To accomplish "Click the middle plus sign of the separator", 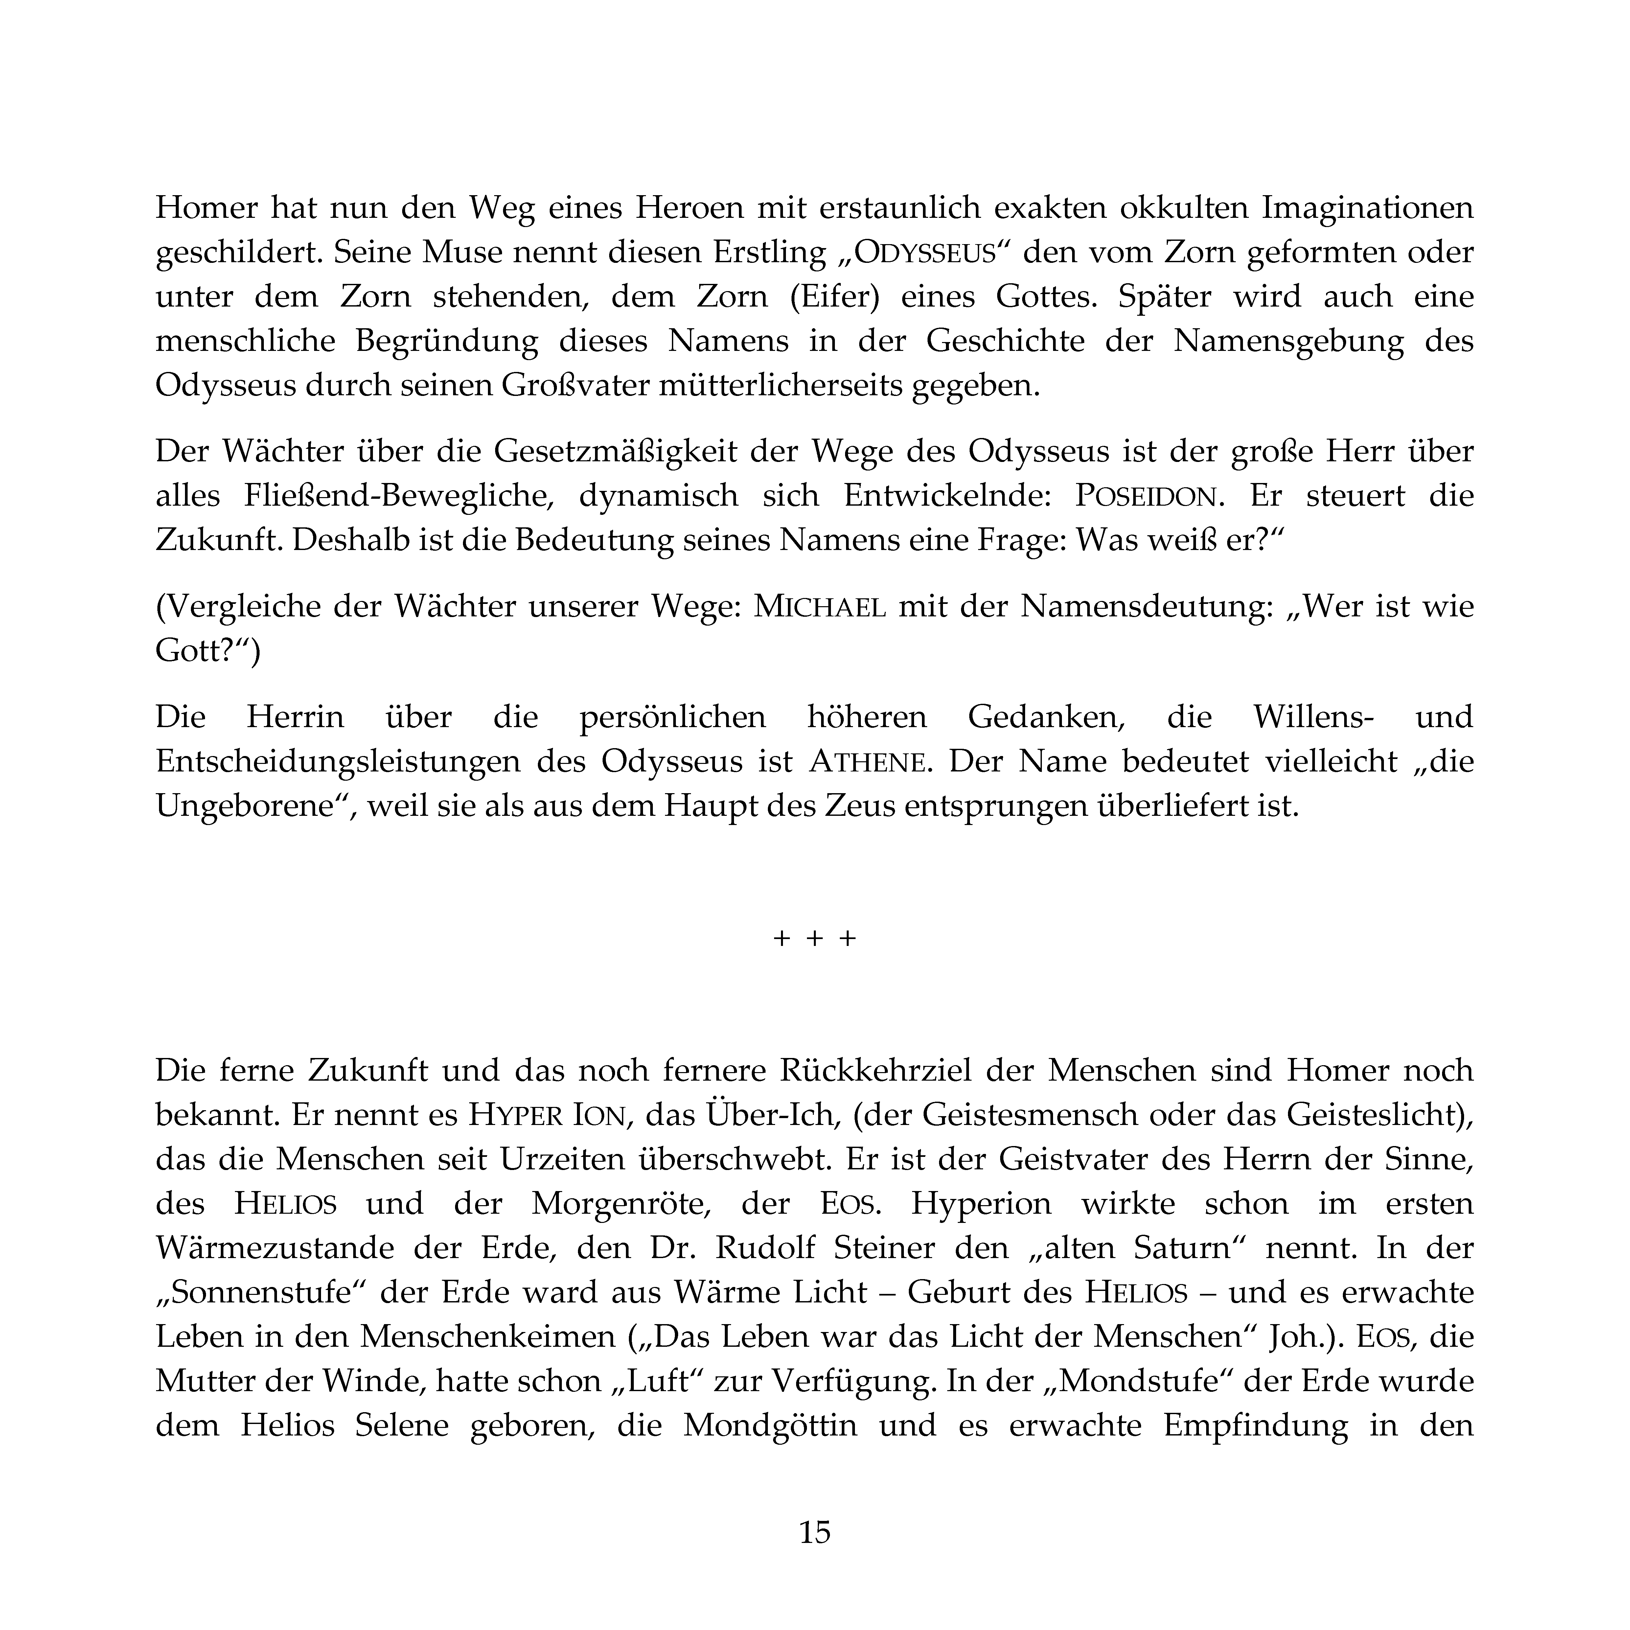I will click(814, 938).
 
